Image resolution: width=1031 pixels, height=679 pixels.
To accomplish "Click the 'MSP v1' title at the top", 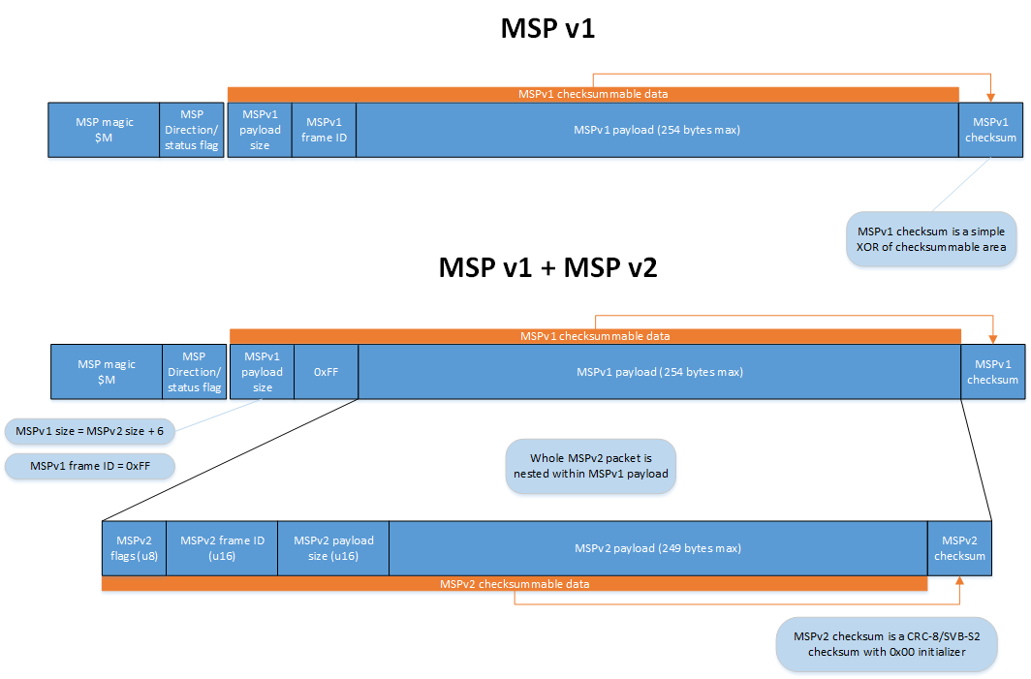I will pyautogui.click(x=547, y=28).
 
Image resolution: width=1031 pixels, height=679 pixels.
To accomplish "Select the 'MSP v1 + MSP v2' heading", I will pyautogui.click(x=547, y=267).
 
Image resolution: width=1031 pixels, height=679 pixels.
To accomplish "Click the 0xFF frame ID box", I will pyautogui.click(x=326, y=372).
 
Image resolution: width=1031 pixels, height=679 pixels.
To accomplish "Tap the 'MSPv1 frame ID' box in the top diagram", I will pyautogui.click(x=323, y=130).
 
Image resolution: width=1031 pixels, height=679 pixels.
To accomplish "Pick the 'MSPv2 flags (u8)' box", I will pyautogui.click(x=135, y=548).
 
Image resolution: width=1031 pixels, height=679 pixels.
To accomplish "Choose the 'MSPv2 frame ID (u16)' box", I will pyautogui.click(x=222, y=548).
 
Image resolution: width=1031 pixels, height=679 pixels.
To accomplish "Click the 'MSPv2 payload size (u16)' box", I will pyautogui.click(x=333, y=548).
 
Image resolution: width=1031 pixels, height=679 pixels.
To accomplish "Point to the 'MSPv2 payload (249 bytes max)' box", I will pyautogui.click(x=658, y=548).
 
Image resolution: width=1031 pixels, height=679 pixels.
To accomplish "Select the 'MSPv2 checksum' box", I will pyautogui.click(x=959, y=548).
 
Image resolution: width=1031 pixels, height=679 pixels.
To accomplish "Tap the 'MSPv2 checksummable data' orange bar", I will pyautogui.click(x=515, y=584).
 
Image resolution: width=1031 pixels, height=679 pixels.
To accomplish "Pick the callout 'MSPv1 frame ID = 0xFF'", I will pyautogui.click(x=90, y=466).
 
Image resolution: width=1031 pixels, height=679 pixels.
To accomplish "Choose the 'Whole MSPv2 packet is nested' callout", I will pyautogui.click(x=590, y=466).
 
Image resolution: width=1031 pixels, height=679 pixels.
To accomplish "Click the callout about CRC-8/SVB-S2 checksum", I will pyautogui.click(x=886, y=644).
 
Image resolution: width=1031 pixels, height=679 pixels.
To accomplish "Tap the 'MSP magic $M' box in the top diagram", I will pyautogui.click(x=104, y=130).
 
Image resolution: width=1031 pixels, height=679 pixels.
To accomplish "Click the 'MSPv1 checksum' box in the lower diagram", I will pyautogui.click(x=992, y=372).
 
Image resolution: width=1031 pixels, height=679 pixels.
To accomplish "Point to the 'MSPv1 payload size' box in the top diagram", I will pyautogui.click(x=260, y=130).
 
